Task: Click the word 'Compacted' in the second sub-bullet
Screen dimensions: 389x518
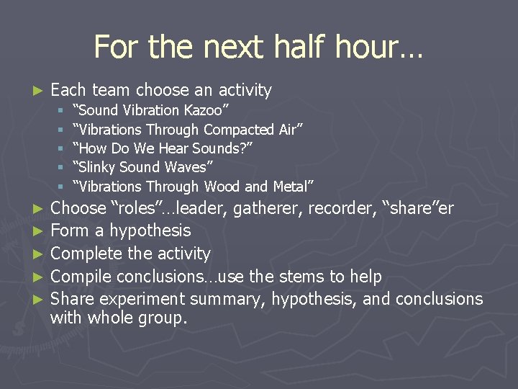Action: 238,130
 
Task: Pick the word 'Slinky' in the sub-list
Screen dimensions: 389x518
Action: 102,168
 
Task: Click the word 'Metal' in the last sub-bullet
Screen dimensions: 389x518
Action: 291,187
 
